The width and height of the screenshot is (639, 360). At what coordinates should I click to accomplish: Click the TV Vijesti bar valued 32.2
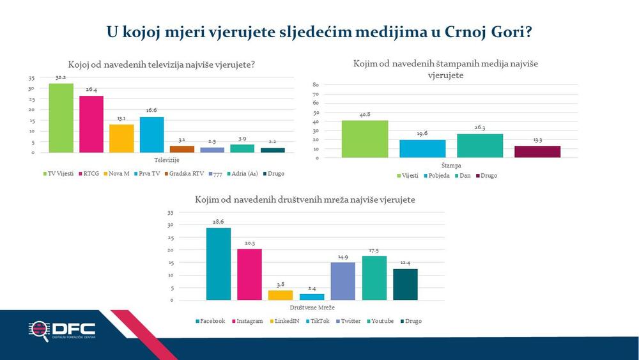tap(61, 118)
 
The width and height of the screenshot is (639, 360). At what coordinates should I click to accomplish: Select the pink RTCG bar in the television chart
tap(91, 125)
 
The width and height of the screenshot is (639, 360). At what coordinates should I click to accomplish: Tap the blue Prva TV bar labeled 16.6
tap(152, 135)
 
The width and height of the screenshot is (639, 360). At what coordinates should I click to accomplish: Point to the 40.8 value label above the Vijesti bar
tap(365, 115)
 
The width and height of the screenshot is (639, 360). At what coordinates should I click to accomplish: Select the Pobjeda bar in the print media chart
tap(422, 148)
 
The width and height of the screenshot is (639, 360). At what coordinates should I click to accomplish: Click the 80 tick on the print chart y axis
tap(315, 84)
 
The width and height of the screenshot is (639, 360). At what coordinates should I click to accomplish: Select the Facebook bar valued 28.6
tap(219, 264)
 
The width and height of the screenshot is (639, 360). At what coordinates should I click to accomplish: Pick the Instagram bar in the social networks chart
tap(250, 274)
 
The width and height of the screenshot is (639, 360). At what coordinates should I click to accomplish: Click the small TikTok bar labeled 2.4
tap(312, 297)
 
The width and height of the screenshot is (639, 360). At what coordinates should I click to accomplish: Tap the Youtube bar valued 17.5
tap(374, 278)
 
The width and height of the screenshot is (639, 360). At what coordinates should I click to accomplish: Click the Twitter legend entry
tap(351, 321)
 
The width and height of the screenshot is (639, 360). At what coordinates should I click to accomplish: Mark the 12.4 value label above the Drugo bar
tap(405, 263)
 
